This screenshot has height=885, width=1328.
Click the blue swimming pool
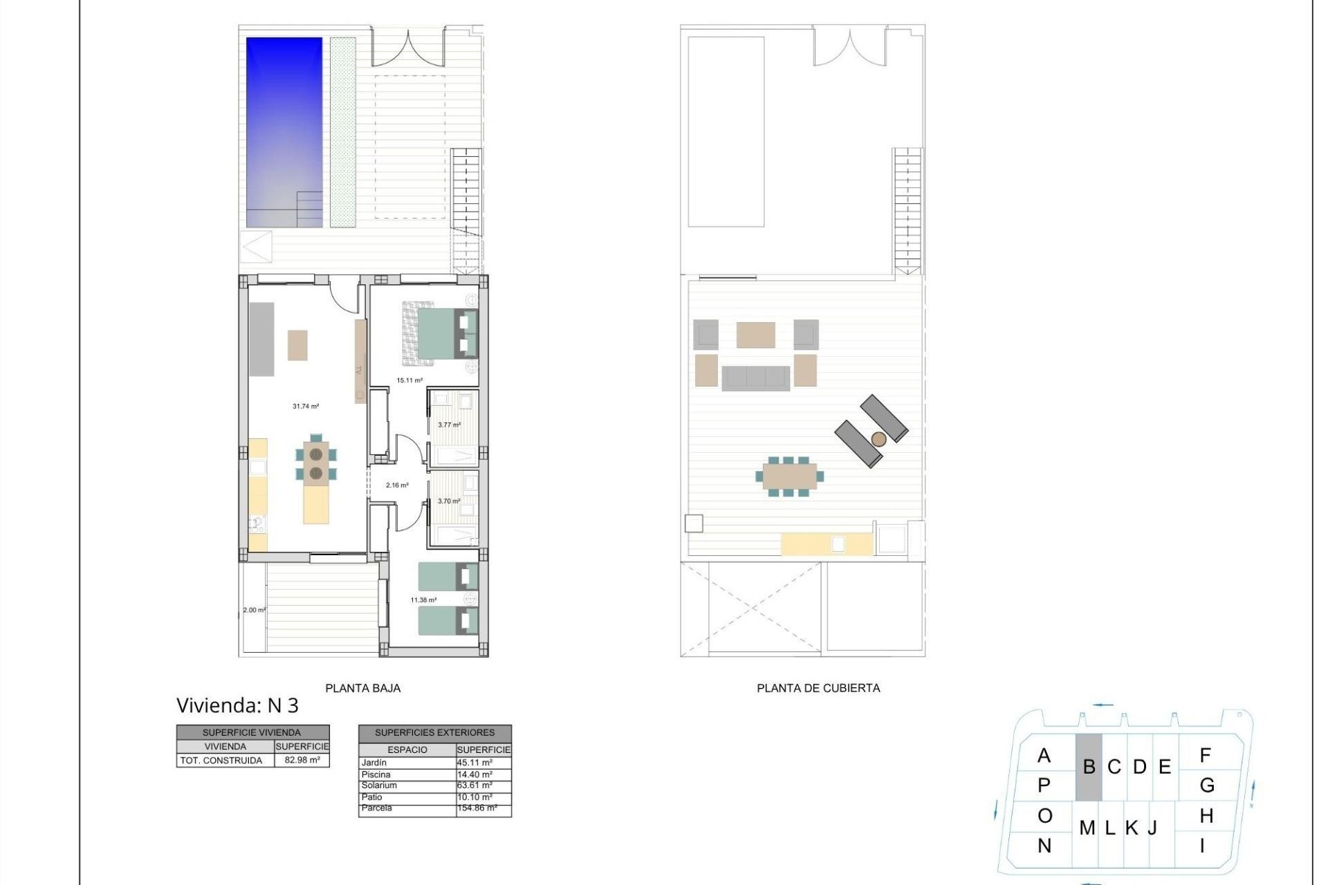pyautogui.click(x=284, y=131)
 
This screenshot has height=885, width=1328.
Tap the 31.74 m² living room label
pyautogui.click(x=306, y=407)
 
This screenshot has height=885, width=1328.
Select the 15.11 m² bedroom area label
pyautogui.click(x=409, y=380)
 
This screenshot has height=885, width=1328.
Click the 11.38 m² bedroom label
pyautogui.click(x=423, y=600)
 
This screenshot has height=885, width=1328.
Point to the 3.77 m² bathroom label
pyautogui.click(x=449, y=425)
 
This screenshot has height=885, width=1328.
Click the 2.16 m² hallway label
pyautogui.click(x=397, y=485)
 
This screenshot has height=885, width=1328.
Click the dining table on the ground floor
pyautogui.click(x=316, y=463)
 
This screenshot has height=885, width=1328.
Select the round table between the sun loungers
pyautogui.click(x=878, y=439)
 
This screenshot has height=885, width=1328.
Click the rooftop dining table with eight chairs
pyautogui.click(x=789, y=476)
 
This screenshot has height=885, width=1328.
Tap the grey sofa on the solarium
pyautogui.click(x=755, y=378)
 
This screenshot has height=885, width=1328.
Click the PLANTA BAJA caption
pyautogui.click(x=362, y=688)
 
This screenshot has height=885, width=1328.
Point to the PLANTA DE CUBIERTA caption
pyautogui.click(x=818, y=688)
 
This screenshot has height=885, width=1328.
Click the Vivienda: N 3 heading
pyautogui.click(x=237, y=705)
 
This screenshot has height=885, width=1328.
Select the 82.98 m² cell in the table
pyautogui.click(x=302, y=761)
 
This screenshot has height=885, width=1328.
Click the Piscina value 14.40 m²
pyautogui.click(x=475, y=774)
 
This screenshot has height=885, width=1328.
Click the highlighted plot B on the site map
pyautogui.click(x=1089, y=767)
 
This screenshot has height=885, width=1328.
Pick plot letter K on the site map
pyautogui.click(x=1132, y=828)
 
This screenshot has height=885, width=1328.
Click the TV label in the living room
pyautogui.click(x=359, y=371)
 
